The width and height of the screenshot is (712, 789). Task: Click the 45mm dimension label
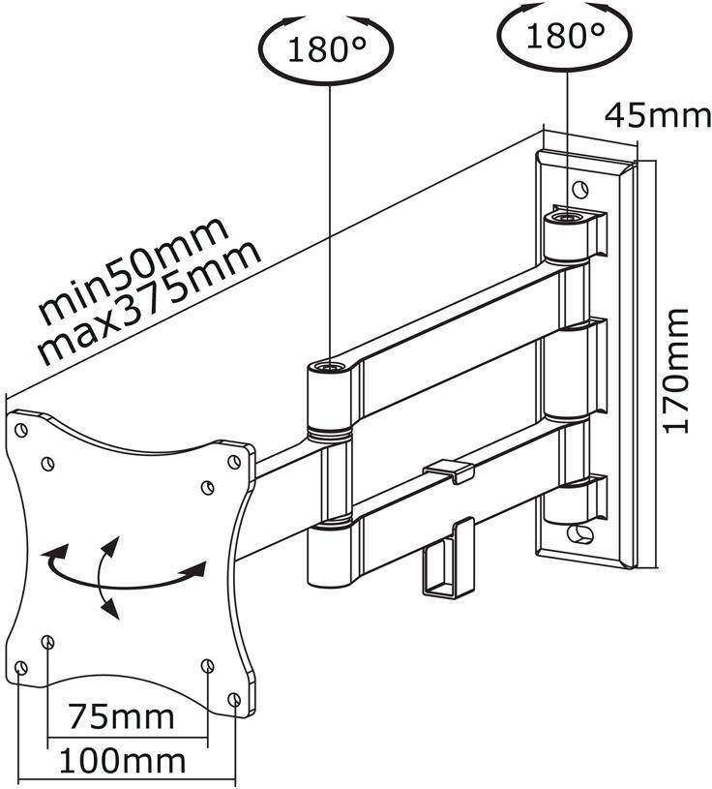(x=658, y=115)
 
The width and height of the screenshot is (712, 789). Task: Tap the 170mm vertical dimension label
(x=678, y=369)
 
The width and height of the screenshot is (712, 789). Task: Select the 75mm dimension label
(x=121, y=717)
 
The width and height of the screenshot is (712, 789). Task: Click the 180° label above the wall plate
(x=565, y=37)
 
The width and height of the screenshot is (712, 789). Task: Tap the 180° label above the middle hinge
(x=329, y=48)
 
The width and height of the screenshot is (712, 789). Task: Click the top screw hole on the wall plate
(x=578, y=187)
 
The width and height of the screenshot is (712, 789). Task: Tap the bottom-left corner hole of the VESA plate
(x=22, y=667)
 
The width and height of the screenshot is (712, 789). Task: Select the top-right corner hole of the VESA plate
(x=233, y=462)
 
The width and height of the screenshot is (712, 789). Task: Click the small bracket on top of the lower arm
(x=447, y=470)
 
